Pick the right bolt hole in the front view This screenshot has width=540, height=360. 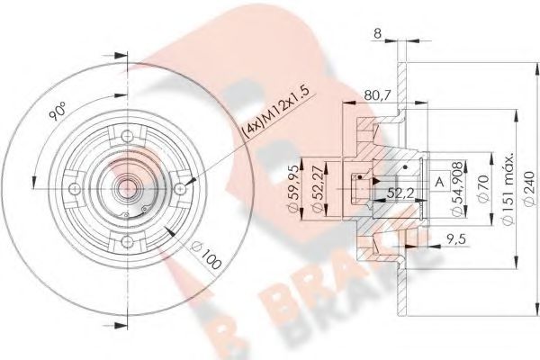pos(184,187)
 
